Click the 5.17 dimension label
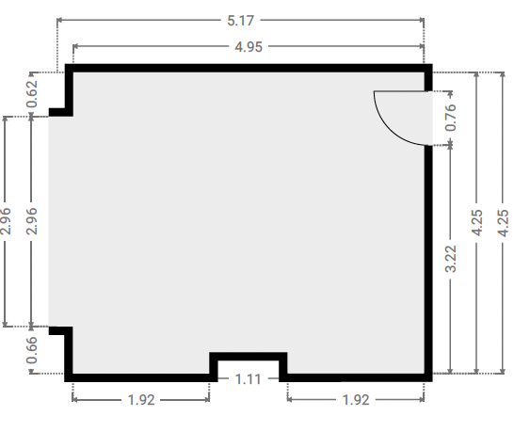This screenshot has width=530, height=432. tap(240, 21)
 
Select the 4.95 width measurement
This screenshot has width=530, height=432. tap(249, 47)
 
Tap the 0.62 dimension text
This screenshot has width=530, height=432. tap(32, 94)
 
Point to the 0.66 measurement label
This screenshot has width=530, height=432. tap(32, 350)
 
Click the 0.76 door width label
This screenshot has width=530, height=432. tap(451, 118)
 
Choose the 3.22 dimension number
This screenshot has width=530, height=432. tap(451, 259)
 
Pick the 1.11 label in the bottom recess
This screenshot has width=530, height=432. tap(249, 379)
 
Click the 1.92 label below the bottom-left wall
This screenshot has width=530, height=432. tap(141, 400)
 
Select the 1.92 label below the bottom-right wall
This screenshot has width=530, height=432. tap(356, 400)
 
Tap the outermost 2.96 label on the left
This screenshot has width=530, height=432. tap(6, 221)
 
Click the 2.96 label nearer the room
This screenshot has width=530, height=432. tap(32, 221)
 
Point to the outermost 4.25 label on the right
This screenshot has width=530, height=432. tap(504, 223)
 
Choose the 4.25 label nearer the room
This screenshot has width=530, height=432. tap(477, 222)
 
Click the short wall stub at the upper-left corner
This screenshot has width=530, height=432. tap(61, 112)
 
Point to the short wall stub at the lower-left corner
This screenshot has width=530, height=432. tap(61, 330)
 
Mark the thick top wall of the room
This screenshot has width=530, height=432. tap(249, 68)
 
